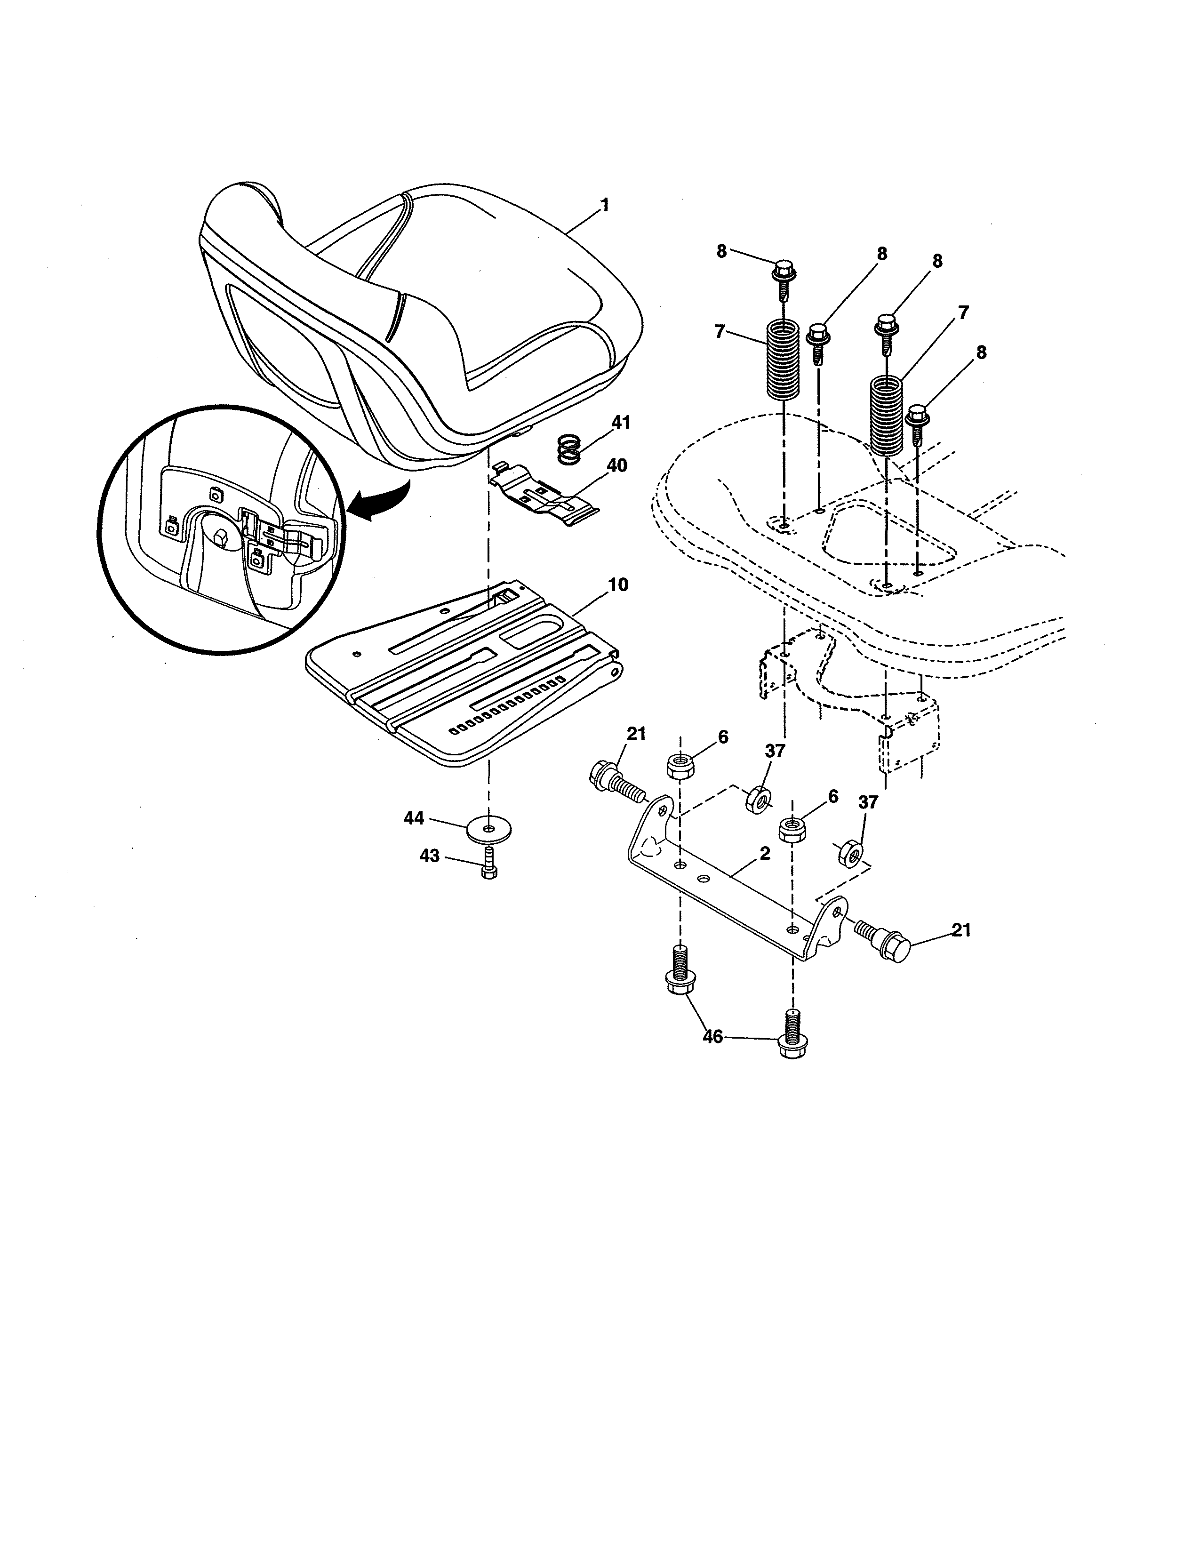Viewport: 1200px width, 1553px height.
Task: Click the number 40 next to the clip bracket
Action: point(616,466)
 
